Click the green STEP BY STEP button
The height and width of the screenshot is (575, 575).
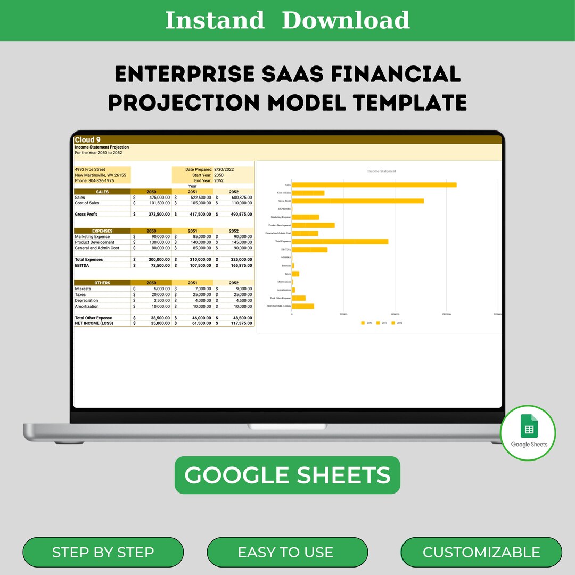pyautogui.click(x=103, y=552)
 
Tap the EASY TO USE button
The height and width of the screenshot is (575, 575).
pyautogui.click(x=285, y=552)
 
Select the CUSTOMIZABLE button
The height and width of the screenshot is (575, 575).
pyautogui.click(x=481, y=552)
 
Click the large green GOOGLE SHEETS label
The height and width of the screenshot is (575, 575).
pyautogui.click(x=287, y=475)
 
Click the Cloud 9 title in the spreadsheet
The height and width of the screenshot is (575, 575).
pyautogui.click(x=88, y=140)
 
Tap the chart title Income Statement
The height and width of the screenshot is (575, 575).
pyautogui.click(x=382, y=171)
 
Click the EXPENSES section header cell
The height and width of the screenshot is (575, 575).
pyautogui.click(x=102, y=231)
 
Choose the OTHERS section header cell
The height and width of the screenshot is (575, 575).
pyautogui.click(x=102, y=283)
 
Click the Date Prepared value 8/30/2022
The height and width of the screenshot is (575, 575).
pyautogui.click(x=224, y=169)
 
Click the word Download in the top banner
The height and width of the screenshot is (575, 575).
pyautogui.click(x=346, y=20)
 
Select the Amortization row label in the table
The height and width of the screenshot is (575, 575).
pyautogui.click(x=87, y=306)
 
